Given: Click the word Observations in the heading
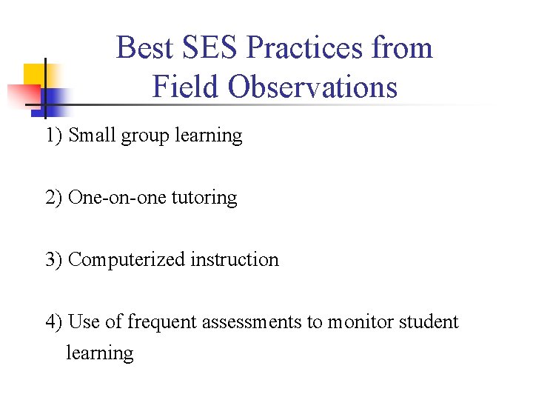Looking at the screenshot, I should (312, 87).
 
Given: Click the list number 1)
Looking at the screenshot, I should (54, 136).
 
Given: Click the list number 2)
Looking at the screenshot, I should (54, 198).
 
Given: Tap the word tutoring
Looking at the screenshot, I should (204, 199).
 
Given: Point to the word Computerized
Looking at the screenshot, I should (127, 260).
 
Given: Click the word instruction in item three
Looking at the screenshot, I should (235, 260).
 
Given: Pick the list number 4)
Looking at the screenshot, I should (54, 322).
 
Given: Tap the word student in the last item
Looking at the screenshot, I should (429, 322).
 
